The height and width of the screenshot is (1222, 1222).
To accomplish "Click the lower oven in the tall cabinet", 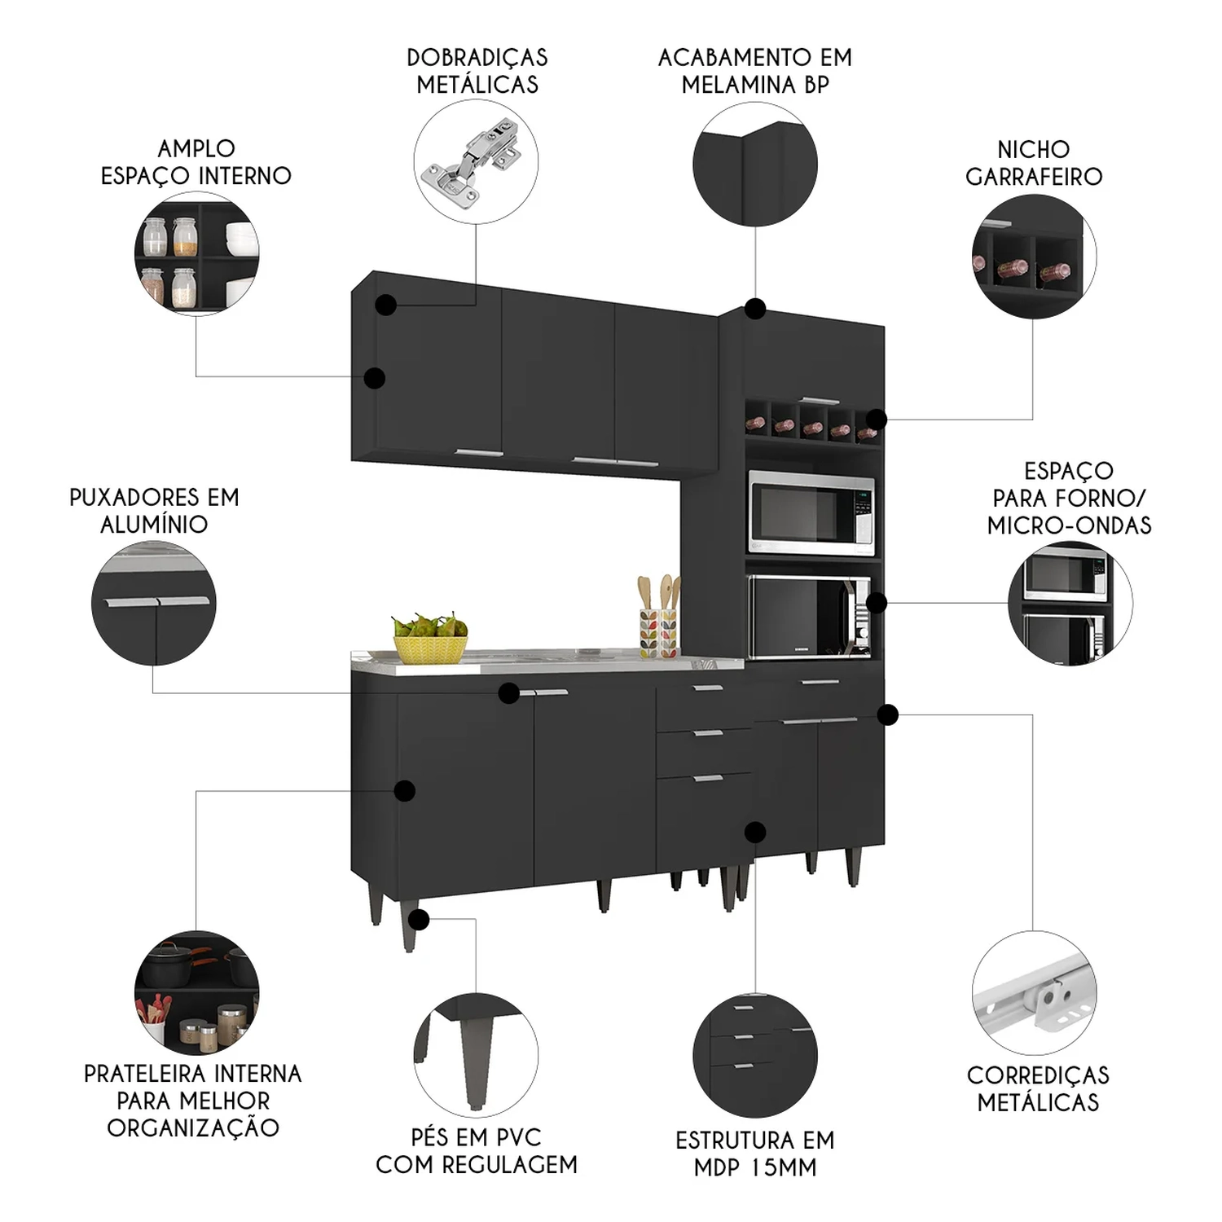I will [809, 617].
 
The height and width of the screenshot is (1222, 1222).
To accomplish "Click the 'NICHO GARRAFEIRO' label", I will [1033, 163].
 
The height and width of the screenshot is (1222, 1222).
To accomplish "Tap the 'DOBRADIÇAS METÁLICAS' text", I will [477, 71].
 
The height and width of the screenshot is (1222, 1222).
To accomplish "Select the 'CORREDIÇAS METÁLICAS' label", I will [1038, 1088].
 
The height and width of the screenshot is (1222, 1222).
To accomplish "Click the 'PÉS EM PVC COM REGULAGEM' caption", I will [477, 1150].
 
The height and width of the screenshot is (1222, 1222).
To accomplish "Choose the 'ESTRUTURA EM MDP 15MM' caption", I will [755, 1153].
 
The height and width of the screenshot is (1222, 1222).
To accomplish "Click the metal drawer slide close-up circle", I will [1034, 993].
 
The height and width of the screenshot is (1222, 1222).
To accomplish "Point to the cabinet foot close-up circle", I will [476, 1055].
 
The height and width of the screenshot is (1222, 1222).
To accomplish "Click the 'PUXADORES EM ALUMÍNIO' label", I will [154, 511].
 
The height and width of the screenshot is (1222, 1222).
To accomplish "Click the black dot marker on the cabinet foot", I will [419, 920].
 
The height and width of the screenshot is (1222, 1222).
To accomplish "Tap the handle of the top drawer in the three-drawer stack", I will [708, 689].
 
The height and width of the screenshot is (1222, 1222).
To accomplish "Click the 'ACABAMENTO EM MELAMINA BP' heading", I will [755, 71].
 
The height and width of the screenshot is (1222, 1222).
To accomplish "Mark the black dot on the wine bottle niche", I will [876, 420].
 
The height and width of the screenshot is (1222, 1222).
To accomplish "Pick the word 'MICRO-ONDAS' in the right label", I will [1069, 525].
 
